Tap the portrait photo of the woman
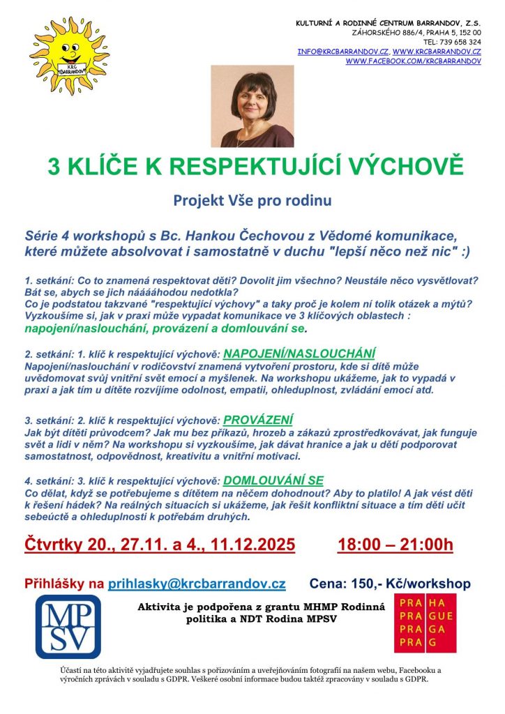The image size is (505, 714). pos(252,106)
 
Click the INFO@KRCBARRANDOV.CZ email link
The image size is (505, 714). pos(342,52)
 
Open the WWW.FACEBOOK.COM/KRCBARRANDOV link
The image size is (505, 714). pos(414,61)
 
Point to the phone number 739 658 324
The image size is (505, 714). pos(457,42)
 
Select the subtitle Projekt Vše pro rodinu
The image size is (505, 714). pos(252,201)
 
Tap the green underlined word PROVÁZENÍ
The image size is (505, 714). pos(258,420)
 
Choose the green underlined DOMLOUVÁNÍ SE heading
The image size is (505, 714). pos(273,480)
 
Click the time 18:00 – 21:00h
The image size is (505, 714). pos(395,544)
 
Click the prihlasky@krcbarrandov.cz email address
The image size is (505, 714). pos(196,584)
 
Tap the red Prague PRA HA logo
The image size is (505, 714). pos(425,623)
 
